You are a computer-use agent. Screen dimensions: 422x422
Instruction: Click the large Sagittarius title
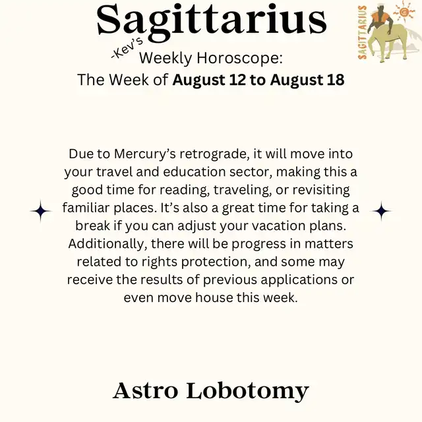pos(212,22)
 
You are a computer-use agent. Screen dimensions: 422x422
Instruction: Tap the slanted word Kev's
pos(127,49)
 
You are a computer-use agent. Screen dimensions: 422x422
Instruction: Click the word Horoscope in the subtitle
pos(239,58)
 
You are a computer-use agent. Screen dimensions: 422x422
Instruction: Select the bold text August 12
pos(209,80)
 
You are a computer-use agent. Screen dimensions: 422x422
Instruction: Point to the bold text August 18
pos(307,80)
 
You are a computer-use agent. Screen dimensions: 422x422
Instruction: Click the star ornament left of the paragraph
pos(41,211)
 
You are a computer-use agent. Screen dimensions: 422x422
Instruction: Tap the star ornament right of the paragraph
pos(381,211)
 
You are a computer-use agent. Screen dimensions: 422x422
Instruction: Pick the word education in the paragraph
pos(194,172)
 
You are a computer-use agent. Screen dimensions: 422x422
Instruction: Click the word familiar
pos(86,208)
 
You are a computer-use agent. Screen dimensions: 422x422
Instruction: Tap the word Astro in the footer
pos(145,390)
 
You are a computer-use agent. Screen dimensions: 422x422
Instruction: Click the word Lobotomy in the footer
pos(247,392)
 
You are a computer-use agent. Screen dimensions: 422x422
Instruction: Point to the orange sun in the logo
pos(404,11)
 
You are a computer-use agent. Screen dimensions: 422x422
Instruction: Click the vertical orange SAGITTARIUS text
pos(363,32)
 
